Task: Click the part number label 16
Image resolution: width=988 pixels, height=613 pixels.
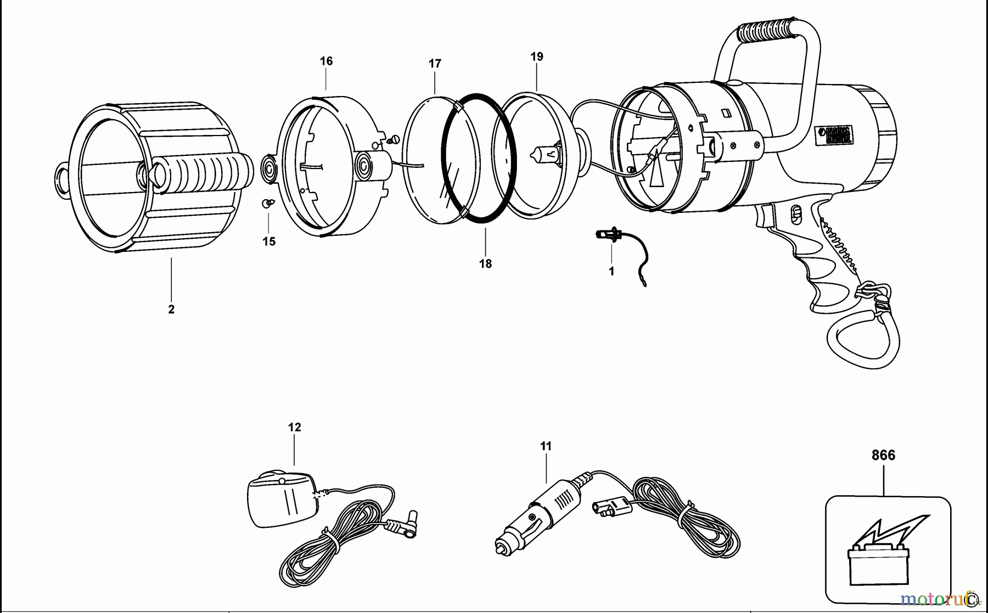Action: click(x=326, y=61)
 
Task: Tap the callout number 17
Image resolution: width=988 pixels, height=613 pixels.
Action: click(x=435, y=64)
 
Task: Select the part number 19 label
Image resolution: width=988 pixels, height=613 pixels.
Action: click(x=537, y=57)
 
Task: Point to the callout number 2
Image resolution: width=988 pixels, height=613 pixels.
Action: click(x=171, y=310)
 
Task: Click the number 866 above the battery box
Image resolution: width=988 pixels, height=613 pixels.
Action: click(x=883, y=455)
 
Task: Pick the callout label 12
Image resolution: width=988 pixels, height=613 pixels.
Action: click(x=295, y=427)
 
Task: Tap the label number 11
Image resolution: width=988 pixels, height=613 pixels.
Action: click(x=546, y=446)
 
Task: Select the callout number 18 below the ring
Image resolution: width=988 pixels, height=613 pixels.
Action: click(x=485, y=264)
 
